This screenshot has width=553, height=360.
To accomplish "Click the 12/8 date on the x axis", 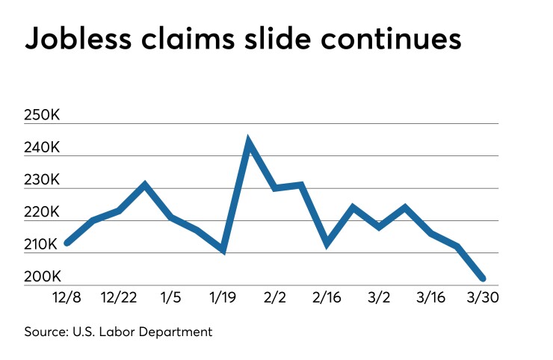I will pos(67,297).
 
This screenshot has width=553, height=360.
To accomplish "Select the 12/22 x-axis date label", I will pos(118,297).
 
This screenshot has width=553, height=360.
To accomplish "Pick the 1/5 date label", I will pos(170,297).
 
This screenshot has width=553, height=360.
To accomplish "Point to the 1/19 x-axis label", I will pos(223,297).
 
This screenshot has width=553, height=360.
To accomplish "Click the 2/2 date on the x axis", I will pos(275,297).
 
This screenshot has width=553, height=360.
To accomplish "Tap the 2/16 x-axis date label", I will pos(327,297).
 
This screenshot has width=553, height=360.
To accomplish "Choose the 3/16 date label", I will pos(431,297).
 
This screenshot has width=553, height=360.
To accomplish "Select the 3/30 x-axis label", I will pos(483,297).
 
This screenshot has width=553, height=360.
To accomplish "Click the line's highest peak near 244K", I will pos(249,142).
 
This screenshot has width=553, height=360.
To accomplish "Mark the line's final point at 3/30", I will pos(484,279).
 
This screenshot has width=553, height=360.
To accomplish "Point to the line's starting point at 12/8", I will pos(67,243).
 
